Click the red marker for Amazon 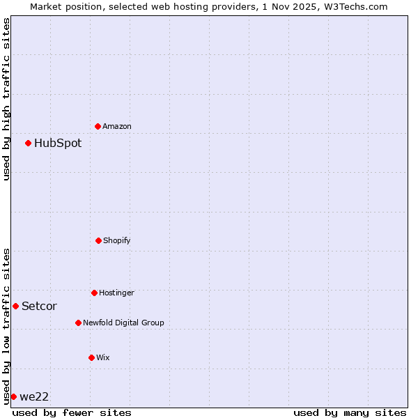click(98, 126)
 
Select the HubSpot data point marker click(29, 143)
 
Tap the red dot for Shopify click(98, 240)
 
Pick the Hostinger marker click(94, 293)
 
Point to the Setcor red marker click(15, 306)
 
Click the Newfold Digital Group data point click(78, 323)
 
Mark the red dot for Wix click(91, 357)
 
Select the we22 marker click(13, 396)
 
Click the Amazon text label click(117, 126)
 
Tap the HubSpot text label click(58, 143)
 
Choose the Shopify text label click(117, 240)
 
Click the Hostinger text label click(116, 293)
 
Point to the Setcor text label click(39, 306)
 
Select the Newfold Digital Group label click(123, 323)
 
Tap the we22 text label click(34, 396)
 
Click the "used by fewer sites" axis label click(72, 412)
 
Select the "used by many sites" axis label click(350, 412)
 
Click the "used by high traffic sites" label click(6, 99)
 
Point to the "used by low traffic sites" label click(6, 326)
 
